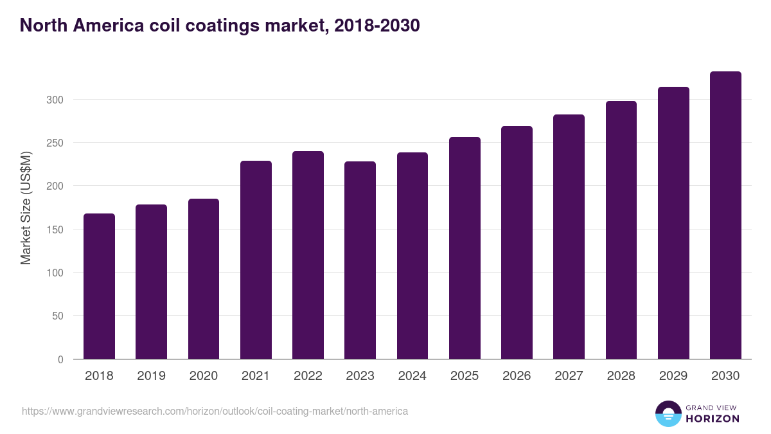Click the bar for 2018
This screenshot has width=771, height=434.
tap(99, 286)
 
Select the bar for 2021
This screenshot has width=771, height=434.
tap(256, 260)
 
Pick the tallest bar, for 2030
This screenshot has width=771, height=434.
tap(725, 215)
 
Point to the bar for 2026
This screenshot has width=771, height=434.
tap(517, 242)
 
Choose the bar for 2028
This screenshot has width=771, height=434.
tap(621, 230)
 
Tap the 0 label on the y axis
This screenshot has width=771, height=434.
tap(60, 359)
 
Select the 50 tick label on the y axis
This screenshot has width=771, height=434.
tap(58, 316)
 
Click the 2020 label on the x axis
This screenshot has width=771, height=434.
tap(203, 376)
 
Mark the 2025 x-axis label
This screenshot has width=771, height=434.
tap(465, 376)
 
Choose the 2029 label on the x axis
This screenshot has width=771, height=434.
tap(673, 376)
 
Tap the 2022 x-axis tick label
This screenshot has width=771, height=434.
tap(308, 376)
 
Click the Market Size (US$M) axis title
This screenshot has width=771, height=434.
tap(26, 208)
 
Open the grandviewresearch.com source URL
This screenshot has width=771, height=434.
tap(215, 411)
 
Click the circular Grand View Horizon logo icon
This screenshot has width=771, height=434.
tap(668, 414)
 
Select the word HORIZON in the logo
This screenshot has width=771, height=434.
tap(713, 419)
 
